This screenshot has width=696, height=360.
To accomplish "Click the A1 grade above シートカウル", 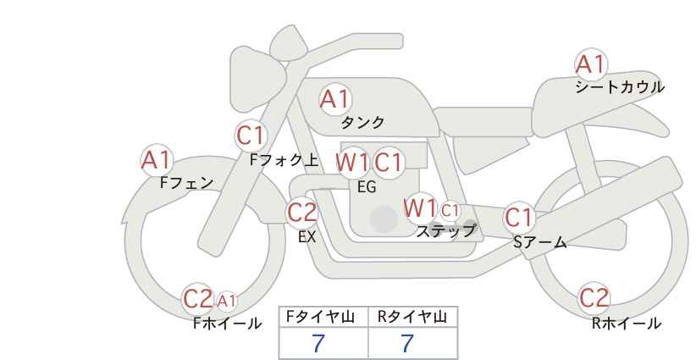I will [x=590, y=64].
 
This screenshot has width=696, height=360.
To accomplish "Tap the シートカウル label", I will [x=619, y=87].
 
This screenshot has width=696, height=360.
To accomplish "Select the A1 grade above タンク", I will [x=334, y=99].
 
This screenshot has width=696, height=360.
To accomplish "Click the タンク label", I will [x=362, y=122].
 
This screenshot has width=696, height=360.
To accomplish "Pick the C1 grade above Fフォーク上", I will [x=251, y=136].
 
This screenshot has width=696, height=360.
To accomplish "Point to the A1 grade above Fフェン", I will [x=157, y=159].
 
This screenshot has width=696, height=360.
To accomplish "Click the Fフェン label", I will [x=186, y=182].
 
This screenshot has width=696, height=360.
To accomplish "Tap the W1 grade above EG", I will [x=352, y=162].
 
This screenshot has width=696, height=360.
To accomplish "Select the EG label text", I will [x=366, y=187].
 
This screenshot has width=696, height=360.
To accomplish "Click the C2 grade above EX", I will [x=301, y=212].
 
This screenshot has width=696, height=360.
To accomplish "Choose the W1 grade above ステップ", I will [x=420, y=208].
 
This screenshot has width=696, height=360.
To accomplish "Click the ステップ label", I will [x=445, y=230].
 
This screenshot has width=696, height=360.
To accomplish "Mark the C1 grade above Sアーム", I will [x=519, y=218].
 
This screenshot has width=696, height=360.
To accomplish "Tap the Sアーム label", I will [x=539, y=242].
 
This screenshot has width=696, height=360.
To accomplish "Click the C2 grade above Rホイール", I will [x=594, y=298].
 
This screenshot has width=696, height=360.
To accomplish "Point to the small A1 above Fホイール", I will [x=227, y=300].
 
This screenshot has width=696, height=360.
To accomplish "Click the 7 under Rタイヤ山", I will [x=407, y=343].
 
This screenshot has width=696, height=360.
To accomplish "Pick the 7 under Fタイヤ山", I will [x=318, y=343].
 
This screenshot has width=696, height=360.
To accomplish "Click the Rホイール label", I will [x=626, y=323].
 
